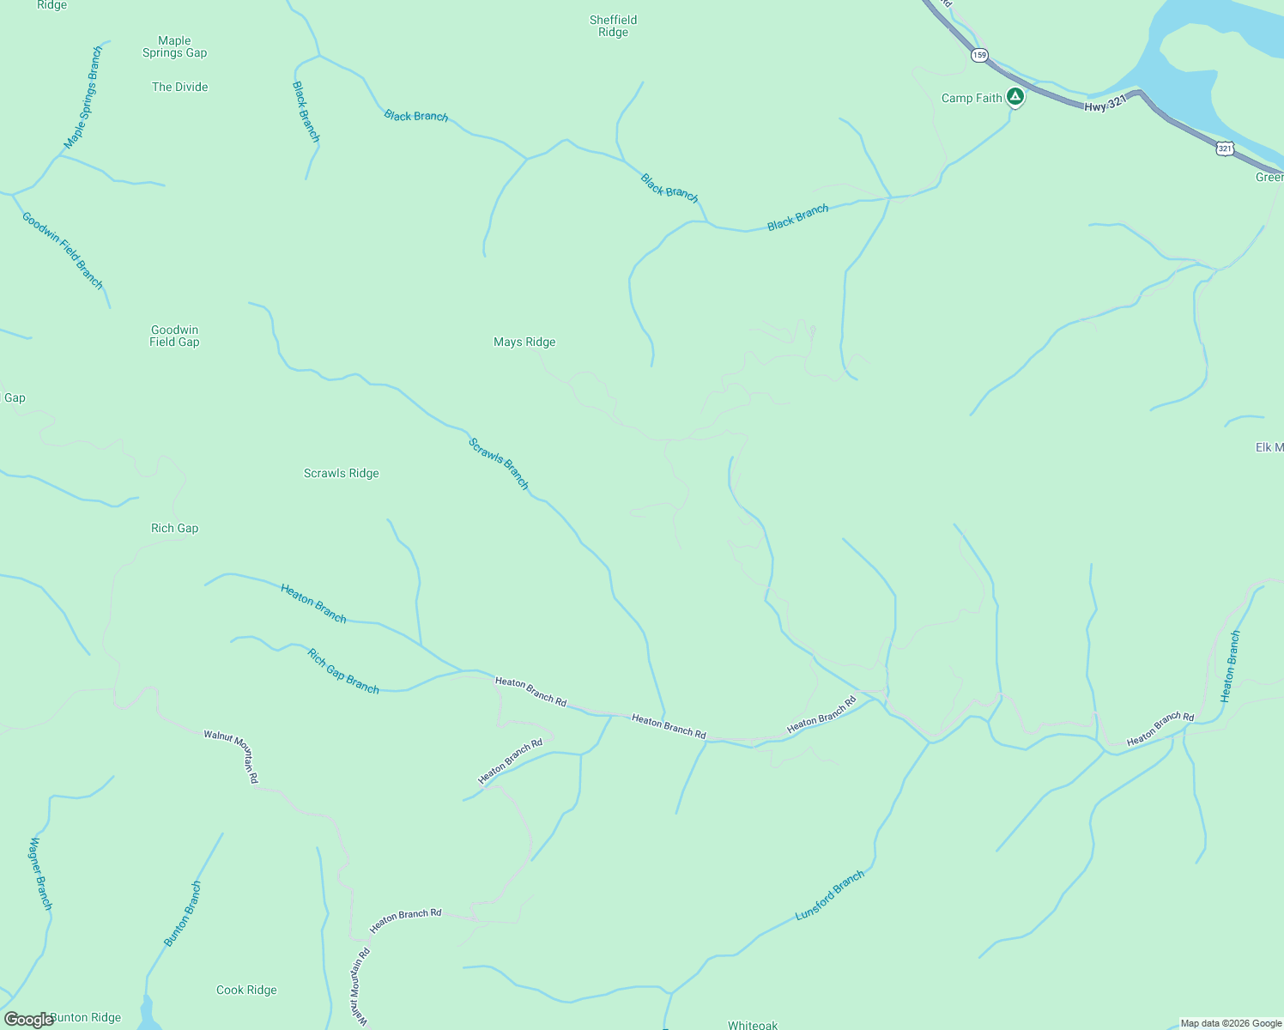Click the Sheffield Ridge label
(613, 26)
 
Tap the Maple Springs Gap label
(174, 46)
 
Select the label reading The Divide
(179, 87)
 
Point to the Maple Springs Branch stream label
(83, 98)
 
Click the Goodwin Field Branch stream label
(63, 251)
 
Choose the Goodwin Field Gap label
(174, 336)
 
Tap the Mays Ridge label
(524, 342)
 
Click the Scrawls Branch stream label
(499, 463)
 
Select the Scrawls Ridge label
(341, 473)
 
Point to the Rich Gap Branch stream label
(343, 671)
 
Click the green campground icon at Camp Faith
(1015, 97)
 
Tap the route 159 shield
(980, 55)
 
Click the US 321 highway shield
(1225, 149)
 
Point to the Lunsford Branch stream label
(829, 895)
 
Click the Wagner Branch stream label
(41, 874)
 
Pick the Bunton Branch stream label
(183, 914)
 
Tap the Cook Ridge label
(246, 990)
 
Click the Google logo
(28, 1020)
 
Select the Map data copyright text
(1231, 1023)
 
